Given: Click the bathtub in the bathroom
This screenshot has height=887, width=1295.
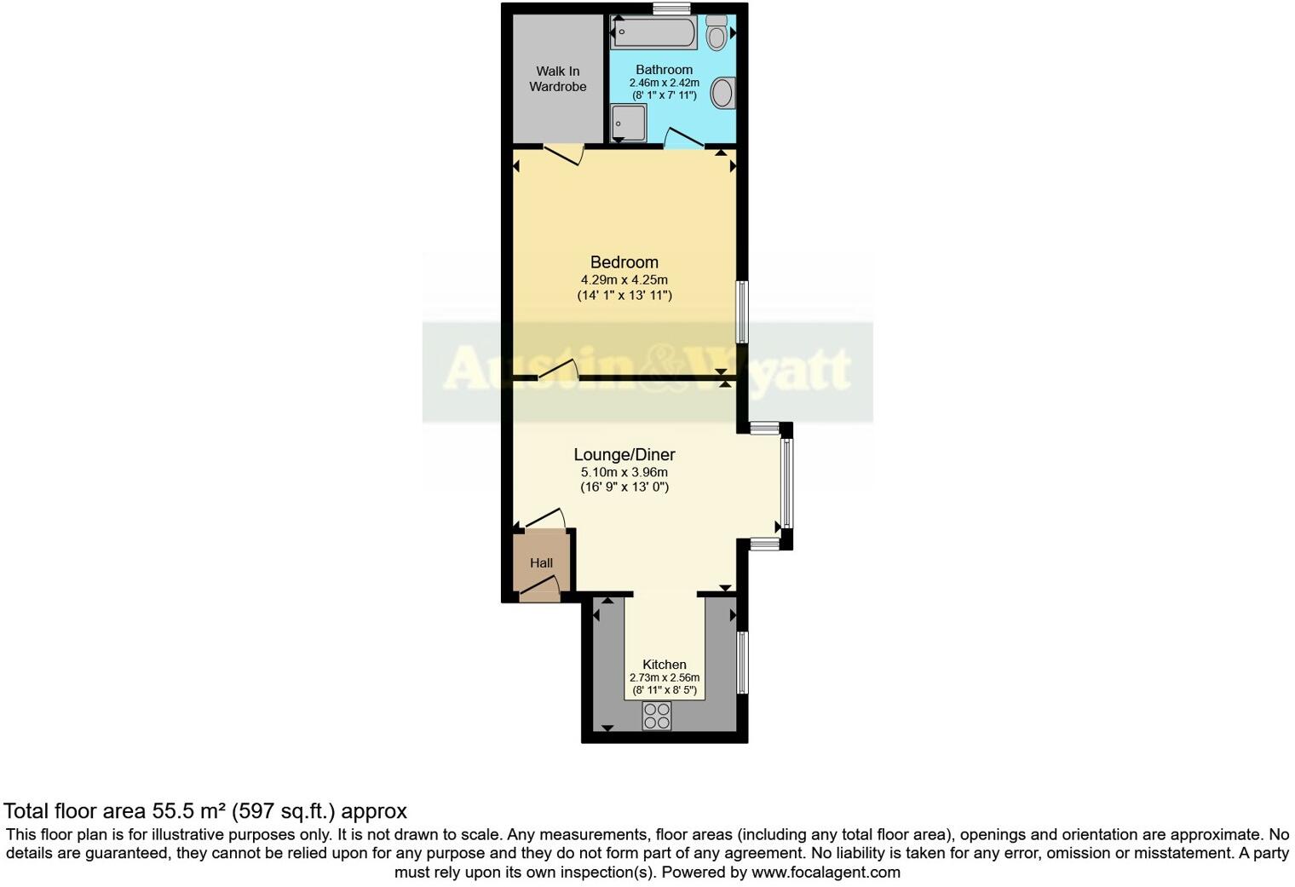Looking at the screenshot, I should point(653,34).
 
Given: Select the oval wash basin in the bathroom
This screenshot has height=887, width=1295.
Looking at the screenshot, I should point(722,93).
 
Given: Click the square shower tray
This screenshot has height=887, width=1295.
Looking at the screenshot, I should point(629,124).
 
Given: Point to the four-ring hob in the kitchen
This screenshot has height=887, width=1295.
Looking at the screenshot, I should point(657,716).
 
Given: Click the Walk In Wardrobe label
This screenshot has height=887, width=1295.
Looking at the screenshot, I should point(558,79).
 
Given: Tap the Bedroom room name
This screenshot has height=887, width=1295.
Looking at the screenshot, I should point(624,262).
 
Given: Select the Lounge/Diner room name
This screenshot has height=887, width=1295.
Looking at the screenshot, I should point(624,455).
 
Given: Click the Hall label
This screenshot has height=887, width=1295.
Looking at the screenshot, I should point(542,563).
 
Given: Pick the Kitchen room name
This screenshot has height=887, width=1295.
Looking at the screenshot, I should point(665,665).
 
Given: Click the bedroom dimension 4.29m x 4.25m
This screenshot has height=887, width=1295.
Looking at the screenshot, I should point(624,279).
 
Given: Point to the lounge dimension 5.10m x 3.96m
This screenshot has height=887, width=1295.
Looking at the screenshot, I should point(624,472).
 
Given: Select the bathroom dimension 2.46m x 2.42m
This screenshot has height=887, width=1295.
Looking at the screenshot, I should point(665,83).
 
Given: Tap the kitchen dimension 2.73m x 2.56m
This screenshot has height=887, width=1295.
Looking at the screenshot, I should point(665,678).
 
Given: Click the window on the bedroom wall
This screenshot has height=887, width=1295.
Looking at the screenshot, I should point(743,312).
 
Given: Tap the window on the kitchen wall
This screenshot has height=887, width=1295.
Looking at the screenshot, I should point(743,662).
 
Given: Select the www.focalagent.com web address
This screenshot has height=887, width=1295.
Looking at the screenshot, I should point(826,873).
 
